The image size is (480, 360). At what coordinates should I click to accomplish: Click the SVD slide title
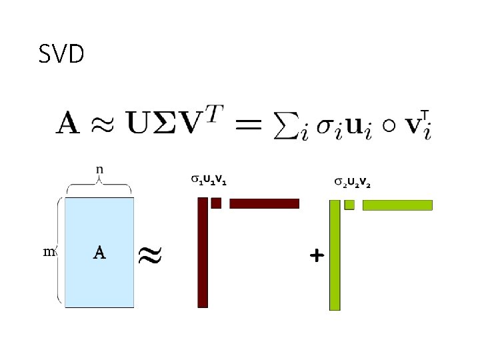tap(61, 54)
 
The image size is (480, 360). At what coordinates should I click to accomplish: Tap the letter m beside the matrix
tap(49, 251)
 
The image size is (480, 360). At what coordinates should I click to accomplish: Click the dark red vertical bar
tap(203, 253)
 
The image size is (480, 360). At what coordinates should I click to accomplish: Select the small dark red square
tap(216, 203)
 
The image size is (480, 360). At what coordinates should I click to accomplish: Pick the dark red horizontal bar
tap(264, 203)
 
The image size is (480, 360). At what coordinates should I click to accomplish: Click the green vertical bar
tap(335, 255)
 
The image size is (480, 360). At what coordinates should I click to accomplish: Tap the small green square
tap(349, 205)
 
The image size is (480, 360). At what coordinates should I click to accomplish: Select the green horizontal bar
tap(397, 205)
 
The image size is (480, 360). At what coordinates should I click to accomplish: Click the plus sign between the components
tap(317, 255)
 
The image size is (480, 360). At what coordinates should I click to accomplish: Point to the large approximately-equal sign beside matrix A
tap(151, 253)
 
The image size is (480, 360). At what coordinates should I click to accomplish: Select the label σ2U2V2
tap(352, 181)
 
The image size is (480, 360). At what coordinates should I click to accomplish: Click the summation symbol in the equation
tap(285, 126)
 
